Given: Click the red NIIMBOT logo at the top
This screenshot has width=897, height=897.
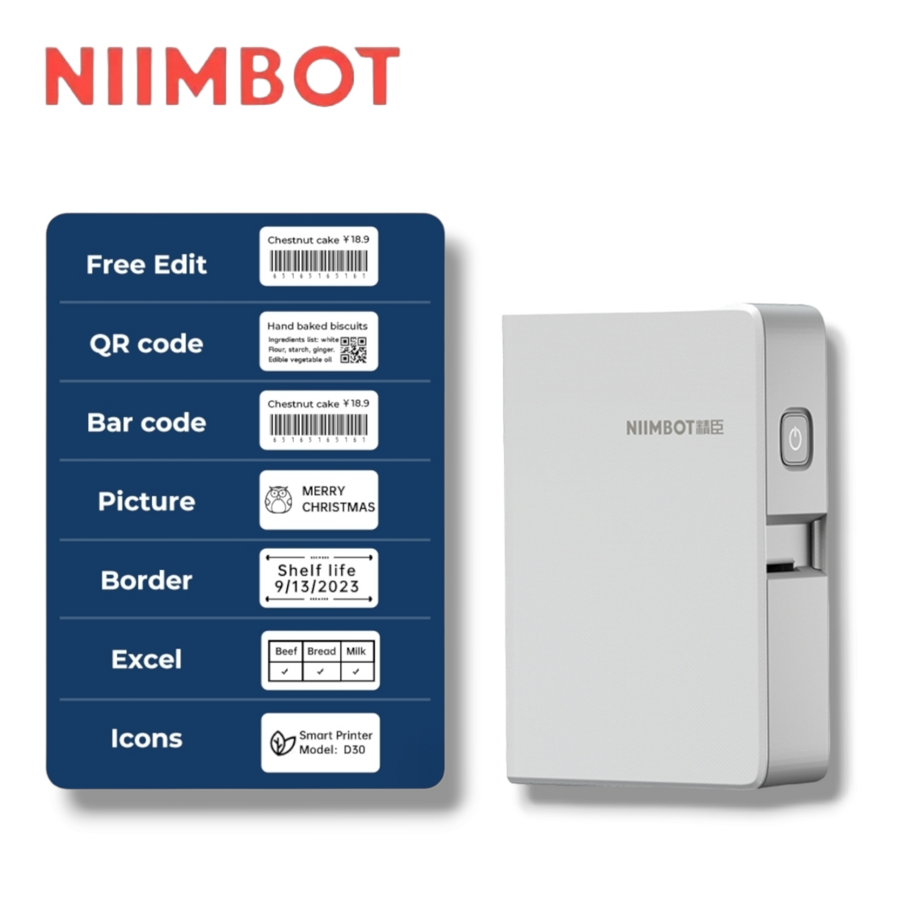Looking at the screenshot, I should tap(222, 76).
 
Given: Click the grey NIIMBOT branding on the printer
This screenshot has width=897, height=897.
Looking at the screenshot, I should tap(674, 428).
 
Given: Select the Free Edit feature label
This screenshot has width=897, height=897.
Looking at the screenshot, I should tap(146, 264).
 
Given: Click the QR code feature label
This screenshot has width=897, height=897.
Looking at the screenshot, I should tap(146, 343).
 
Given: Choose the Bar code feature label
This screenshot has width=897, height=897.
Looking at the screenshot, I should tap(146, 423).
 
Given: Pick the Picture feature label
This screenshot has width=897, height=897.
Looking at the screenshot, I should tap(146, 502).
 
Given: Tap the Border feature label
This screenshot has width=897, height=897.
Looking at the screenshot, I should tap(146, 580).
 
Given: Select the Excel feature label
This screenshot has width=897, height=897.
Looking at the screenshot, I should tap(146, 659).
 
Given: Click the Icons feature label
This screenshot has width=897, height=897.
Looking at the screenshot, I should tap(146, 738).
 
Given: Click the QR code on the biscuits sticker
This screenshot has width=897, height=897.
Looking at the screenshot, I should tap(353, 350).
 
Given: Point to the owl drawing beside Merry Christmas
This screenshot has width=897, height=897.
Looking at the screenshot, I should tap(279, 500).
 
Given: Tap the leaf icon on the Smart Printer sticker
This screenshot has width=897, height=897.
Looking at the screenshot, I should tap(282, 743).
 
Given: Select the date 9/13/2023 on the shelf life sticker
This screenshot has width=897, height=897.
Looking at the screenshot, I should tap(317, 587).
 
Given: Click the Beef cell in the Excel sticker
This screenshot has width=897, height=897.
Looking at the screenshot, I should tap(286, 651).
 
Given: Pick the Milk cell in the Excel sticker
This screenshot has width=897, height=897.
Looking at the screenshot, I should tap(356, 651).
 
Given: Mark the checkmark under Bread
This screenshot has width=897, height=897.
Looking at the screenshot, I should tap(320, 671).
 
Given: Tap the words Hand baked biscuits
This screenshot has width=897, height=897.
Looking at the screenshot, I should tap(317, 326).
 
